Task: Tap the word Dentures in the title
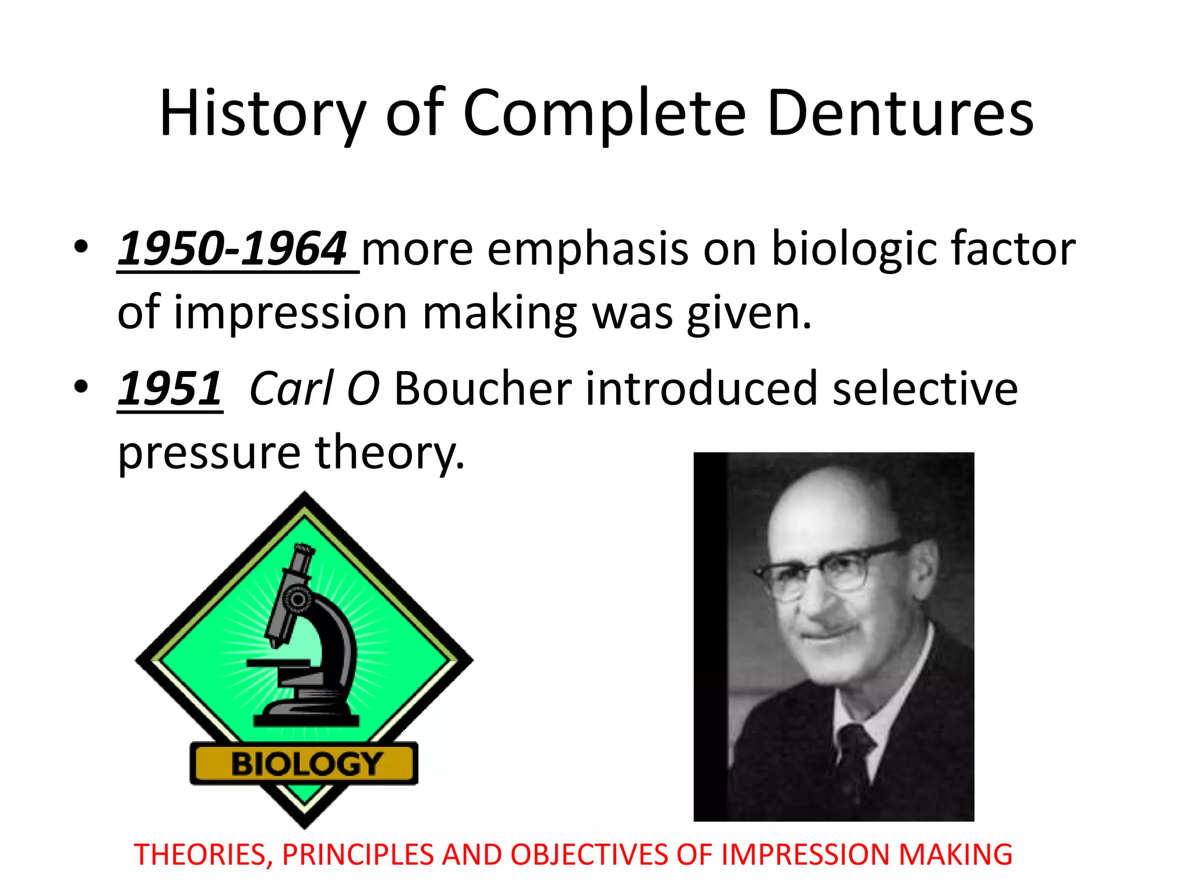pos(900,114)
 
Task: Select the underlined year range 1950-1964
pos(233,249)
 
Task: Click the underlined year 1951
pos(170,389)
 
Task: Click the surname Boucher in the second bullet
pos(483,389)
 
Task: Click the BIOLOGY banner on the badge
pos(304,763)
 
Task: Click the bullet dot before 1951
pos(82,386)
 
